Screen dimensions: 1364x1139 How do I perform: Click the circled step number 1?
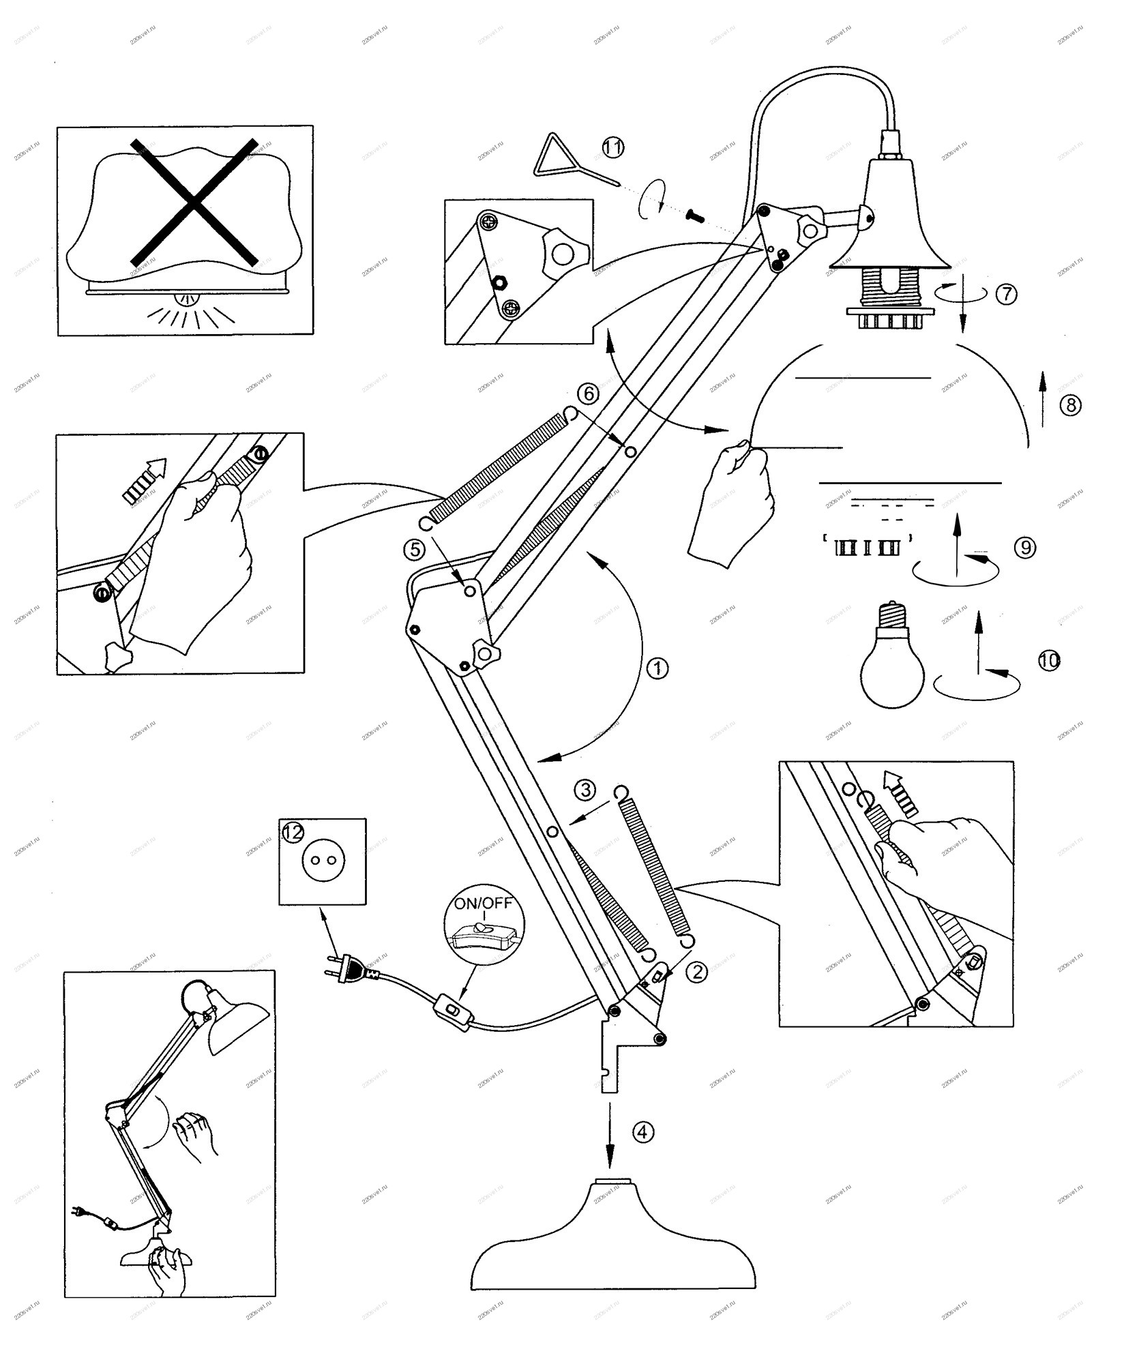(x=657, y=668)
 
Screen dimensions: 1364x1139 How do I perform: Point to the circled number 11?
(x=612, y=147)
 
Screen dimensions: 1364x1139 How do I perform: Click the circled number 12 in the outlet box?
(x=293, y=833)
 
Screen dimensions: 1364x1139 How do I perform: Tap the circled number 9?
(x=1024, y=547)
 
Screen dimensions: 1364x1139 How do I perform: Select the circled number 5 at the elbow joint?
(x=414, y=548)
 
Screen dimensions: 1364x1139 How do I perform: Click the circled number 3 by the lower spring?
(x=585, y=789)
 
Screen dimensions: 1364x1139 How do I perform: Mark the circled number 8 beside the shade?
(x=1070, y=405)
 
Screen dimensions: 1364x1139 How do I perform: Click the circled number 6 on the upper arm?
(x=587, y=393)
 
